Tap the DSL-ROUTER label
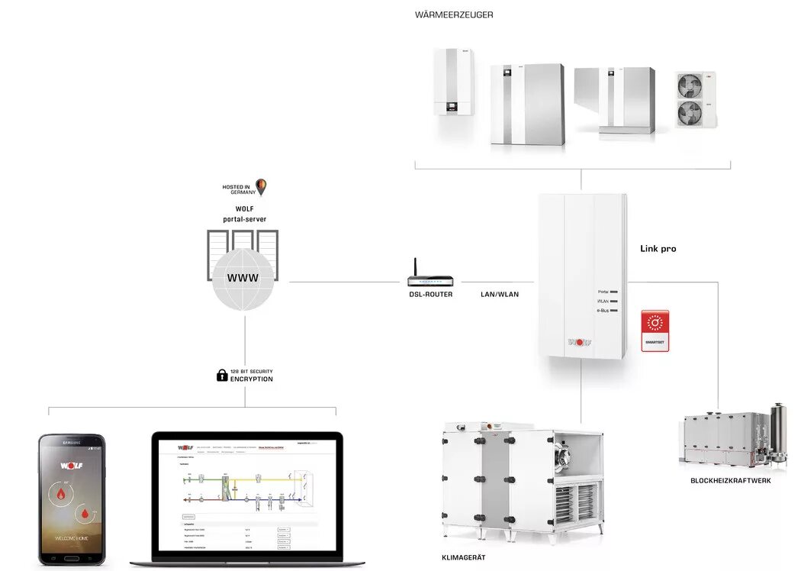[x=430, y=294]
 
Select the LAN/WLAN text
[x=500, y=294]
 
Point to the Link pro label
[x=658, y=249]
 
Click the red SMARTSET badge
[x=655, y=330]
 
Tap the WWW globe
[x=243, y=279]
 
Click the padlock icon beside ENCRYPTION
[x=222, y=375]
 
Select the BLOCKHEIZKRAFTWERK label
[x=730, y=480]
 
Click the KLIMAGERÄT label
[x=463, y=558]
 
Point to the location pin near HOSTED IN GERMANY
[x=261, y=186]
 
